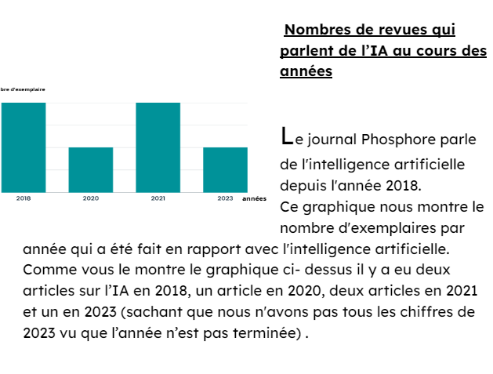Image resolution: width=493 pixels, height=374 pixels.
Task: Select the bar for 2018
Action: point(23,147)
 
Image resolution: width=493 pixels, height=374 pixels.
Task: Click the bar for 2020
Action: point(90,169)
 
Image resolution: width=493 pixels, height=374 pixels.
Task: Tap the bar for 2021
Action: point(158,147)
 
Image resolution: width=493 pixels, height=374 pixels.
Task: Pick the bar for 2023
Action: point(225,169)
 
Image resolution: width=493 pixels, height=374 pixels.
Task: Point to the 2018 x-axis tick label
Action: point(23,198)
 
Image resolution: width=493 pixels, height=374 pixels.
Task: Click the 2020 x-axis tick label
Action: point(90,198)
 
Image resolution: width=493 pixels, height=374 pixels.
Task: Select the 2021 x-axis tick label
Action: point(158,198)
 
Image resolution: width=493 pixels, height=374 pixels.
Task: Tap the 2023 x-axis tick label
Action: point(225,198)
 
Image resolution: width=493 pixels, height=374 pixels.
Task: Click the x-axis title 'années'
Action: point(254,199)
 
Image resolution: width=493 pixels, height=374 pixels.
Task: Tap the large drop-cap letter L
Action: point(287,136)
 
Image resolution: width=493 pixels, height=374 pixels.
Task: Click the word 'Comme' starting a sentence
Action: point(49,271)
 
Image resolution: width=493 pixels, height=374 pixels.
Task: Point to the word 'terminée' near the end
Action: point(263,334)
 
